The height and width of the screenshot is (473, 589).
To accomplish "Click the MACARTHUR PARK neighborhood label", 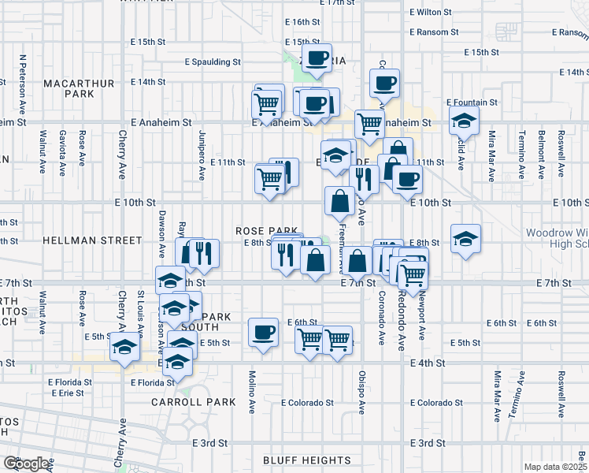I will [80, 88].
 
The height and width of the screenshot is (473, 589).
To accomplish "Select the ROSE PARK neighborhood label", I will [265, 230].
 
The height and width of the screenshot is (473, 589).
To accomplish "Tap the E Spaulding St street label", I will [213, 61].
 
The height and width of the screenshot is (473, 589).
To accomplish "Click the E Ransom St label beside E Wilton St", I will [435, 32].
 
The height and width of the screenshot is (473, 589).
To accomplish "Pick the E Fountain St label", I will [472, 102].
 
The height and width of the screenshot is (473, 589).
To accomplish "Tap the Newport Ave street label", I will [422, 318].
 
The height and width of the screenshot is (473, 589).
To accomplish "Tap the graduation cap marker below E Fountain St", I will [465, 121].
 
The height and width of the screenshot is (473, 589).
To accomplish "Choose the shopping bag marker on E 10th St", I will [340, 201].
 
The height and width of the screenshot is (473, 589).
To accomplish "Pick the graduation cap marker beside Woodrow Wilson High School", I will [465, 238].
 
